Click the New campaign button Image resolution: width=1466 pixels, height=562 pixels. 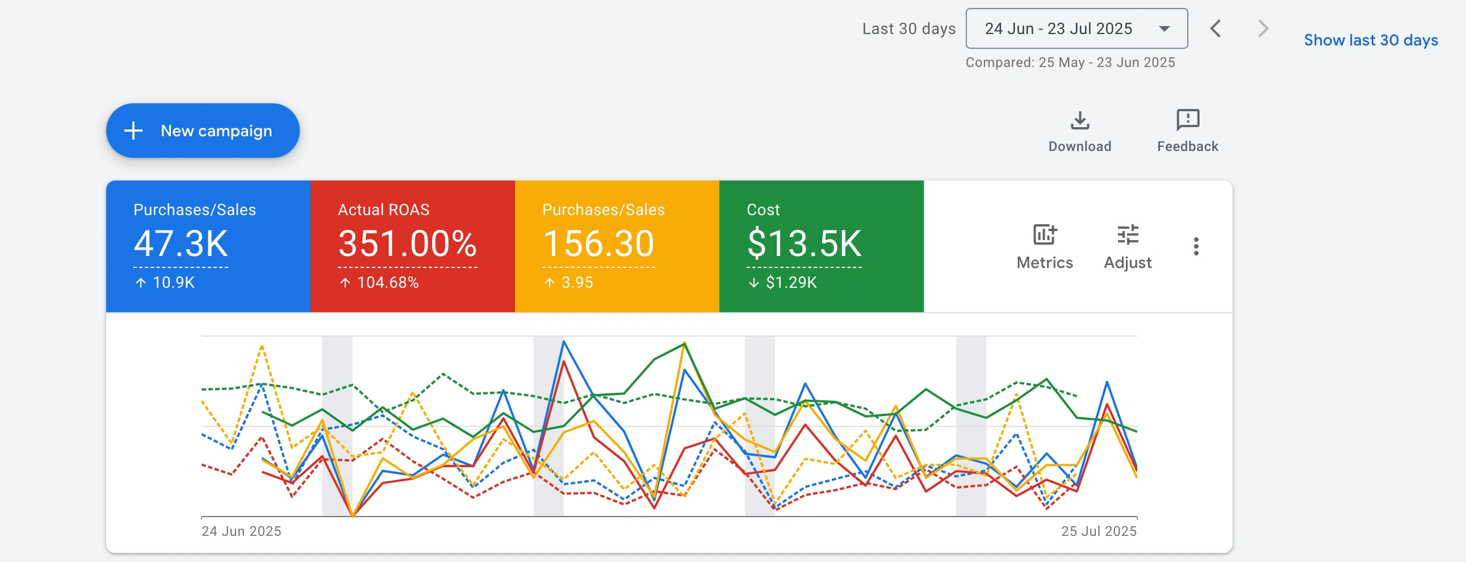(203, 131)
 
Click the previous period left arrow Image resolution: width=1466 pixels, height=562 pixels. (1216, 28)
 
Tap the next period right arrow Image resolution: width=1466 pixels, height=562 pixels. (1263, 28)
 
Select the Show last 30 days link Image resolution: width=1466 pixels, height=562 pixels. (1371, 40)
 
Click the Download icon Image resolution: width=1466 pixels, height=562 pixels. (1079, 121)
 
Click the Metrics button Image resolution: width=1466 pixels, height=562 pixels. (1044, 246)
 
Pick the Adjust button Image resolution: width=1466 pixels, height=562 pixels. (1128, 246)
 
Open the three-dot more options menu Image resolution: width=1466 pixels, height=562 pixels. (1196, 246)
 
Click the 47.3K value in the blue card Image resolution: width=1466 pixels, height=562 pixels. (181, 244)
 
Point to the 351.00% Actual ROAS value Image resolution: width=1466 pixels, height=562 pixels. (407, 244)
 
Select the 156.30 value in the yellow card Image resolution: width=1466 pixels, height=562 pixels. (598, 244)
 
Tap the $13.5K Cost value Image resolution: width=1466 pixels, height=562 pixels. (803, 244)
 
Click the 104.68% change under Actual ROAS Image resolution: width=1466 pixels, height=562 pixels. (387, 282)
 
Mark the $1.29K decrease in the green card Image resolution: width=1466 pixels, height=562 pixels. (790, 282)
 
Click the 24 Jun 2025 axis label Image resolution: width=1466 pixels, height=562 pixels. (241, 531)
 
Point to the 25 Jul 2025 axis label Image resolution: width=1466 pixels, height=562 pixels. (1098, 531)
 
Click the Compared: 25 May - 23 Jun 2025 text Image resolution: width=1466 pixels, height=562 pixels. (1070, 62)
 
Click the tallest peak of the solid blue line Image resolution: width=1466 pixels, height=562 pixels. (563, 341)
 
